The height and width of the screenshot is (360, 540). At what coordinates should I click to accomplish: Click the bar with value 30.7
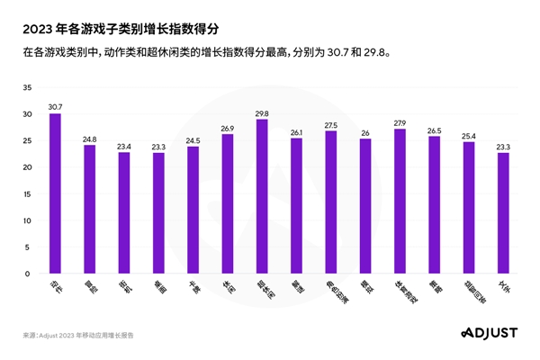(55, 193)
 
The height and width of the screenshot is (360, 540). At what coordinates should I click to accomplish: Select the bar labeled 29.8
(262, 196)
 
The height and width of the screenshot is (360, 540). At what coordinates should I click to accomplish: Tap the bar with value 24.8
(90, 209)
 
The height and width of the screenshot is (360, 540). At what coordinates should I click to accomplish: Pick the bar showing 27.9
(400, 201)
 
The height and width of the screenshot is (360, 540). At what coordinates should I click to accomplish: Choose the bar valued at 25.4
(469, 207)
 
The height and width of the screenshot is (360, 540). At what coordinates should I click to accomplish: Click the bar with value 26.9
(228, 203)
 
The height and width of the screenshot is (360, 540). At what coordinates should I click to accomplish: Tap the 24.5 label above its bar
(193, 140)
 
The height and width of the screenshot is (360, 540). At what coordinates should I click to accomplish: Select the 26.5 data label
(434, 130)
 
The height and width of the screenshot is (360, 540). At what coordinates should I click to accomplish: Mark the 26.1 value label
(296, 132)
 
